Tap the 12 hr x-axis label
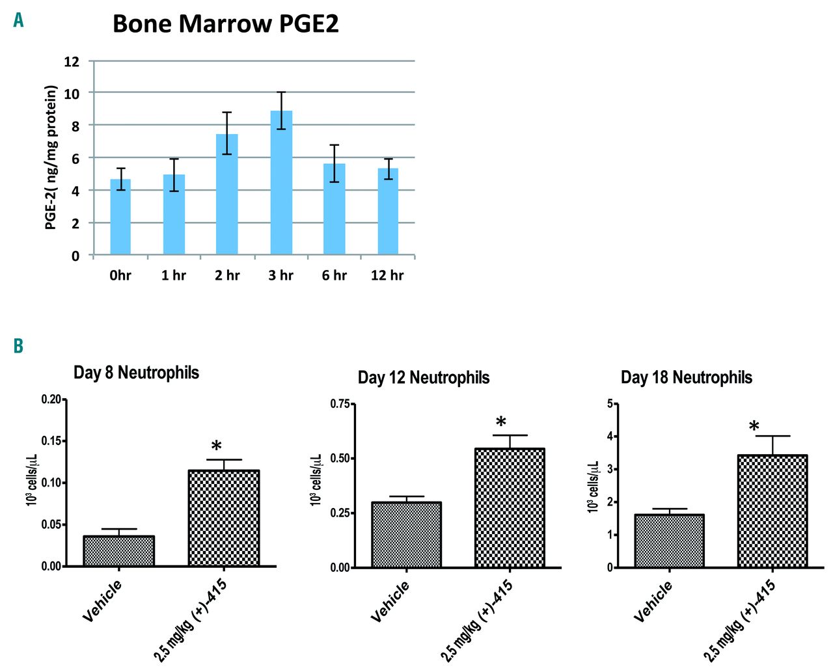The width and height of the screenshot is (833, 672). tap(387, 275)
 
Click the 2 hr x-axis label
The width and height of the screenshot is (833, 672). tap(227, 275)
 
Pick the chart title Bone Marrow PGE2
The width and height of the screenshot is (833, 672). tap(225, 24)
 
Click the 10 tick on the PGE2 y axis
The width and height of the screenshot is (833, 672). tap(72, 94)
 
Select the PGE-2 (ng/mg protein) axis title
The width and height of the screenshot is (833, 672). tap(51, 157)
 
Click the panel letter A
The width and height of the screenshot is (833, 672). tap(18, 21)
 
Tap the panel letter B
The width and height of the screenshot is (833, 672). tap(18, 345)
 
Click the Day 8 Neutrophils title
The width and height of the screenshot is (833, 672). tap(136, 373)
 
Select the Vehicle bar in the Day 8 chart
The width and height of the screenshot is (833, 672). tap(119, 551)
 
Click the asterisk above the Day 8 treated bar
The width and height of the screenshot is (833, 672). tap(217, 447)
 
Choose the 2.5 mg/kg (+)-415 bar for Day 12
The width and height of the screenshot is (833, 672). tap(510, 508)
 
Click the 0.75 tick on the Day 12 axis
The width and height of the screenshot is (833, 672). tap(340, 404)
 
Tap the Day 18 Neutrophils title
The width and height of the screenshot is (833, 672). tap(686, 378)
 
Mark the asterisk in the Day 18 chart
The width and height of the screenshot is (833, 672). tap(754, 427)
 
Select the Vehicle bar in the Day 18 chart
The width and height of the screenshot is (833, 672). tap(669, 541)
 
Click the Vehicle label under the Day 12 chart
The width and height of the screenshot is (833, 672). tap(390, 601)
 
